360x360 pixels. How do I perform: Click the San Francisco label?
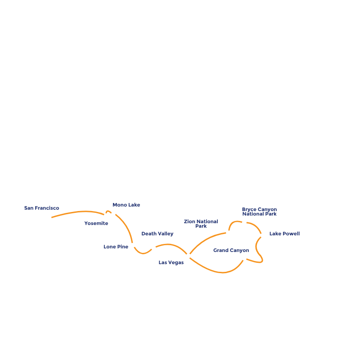41,208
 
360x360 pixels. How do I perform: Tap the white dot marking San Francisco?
49,218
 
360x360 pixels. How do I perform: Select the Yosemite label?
96,223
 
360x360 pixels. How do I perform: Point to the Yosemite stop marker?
106,216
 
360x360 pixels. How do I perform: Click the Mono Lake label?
126,205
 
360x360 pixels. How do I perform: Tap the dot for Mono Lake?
113,213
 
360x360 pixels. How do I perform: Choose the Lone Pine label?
116,247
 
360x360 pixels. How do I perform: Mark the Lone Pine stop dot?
133,246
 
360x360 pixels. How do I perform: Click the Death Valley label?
157,234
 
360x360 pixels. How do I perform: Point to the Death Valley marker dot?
153,247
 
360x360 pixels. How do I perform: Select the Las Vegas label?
171,262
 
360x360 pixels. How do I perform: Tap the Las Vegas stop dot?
188,256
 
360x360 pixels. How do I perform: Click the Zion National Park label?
201,224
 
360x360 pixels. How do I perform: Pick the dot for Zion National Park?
228,233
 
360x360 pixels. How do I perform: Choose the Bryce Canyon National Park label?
259,211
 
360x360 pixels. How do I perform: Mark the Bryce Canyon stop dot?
244,222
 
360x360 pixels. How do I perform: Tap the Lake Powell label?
284,234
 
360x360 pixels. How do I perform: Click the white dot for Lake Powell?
262,235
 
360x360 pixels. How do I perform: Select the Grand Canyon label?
231,250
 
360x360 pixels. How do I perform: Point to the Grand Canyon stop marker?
244,258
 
